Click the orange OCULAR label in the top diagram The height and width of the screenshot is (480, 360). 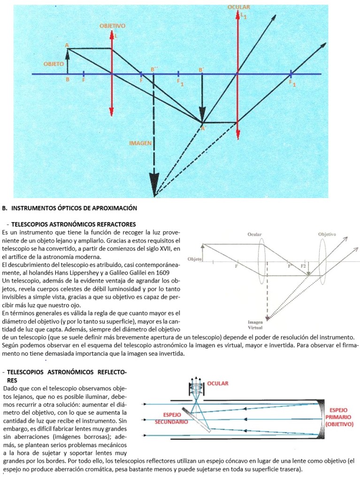coord(239,8)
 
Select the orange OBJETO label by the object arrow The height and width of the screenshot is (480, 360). coord(54,63)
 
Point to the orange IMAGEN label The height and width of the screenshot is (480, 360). coord(140,142)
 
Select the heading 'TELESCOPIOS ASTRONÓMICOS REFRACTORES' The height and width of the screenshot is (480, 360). coord(73,224)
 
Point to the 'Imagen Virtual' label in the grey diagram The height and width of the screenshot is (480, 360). coord(255,325)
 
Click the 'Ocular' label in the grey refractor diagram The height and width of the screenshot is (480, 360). coord(254,234)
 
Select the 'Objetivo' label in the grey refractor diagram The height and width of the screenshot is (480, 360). coord(327,234)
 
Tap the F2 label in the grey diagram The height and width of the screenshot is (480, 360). coord(304,266)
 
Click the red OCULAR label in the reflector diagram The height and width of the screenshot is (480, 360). coord(217,383)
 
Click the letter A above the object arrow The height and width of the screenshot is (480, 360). coord(67,45)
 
